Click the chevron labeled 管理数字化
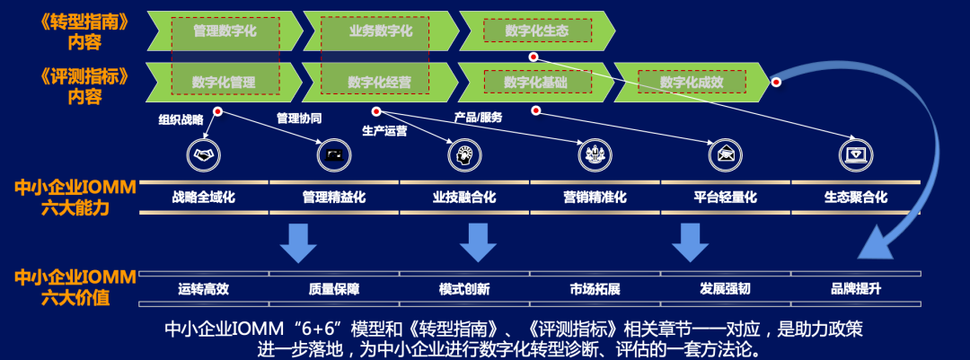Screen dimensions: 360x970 (x=225, y=31)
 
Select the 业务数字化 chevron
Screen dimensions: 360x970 (x=381, y=31)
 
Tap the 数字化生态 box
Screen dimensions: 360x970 (x=536, y=31)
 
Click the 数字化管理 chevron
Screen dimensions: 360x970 (x=225, y=82)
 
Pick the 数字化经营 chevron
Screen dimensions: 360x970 (x=380, y=82)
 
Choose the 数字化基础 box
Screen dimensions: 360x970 (x=536, y=82)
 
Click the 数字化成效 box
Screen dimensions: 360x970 (x=691, y=82)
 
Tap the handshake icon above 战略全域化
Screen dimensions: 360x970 (x=204, y=155)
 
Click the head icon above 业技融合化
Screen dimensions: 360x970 (x=464, y=155)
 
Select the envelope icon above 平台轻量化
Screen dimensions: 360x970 (x=725, y=155)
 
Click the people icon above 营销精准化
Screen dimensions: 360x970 (x=595, y=155)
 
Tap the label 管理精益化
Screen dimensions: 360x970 (x=334, y=198)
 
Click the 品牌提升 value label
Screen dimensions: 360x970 (x=854, y=289)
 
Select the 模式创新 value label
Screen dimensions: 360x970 (x=464, y=289)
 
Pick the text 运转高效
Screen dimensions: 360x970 (x=204, y=289)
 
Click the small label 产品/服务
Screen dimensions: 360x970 (x=478, y=118)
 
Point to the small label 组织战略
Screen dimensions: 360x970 (x=181, y=119)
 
